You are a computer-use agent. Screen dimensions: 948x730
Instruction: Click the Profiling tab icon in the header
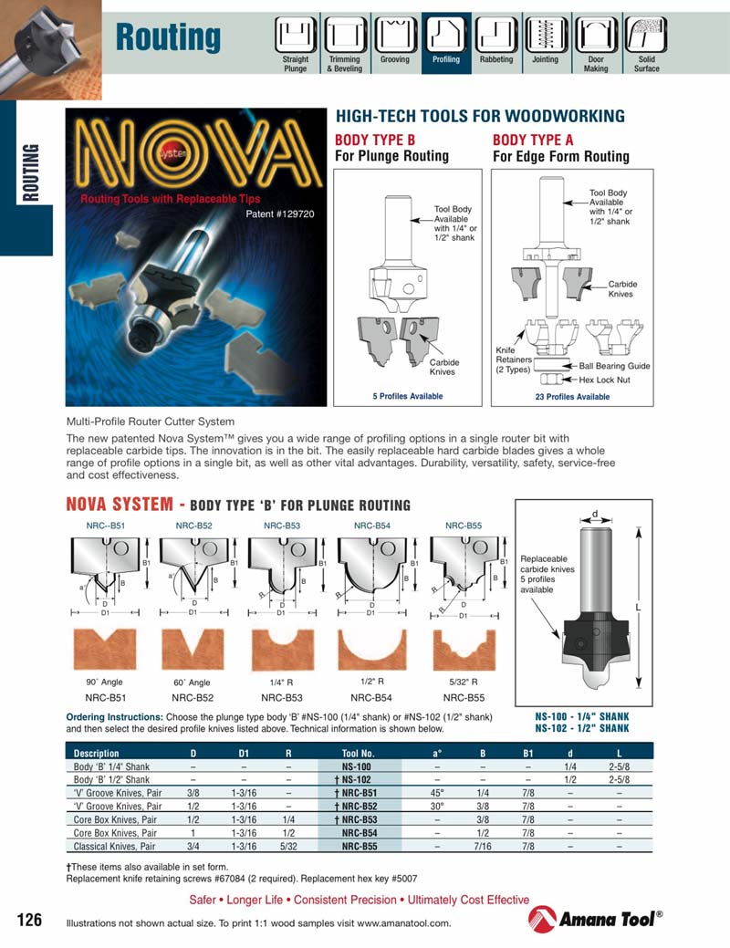[446, 36]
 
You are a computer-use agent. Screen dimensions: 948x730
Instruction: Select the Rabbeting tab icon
[495, 36]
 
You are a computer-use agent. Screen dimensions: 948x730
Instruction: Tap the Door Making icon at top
[596, 36]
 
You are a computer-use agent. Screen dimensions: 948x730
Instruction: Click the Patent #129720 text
[280, 215]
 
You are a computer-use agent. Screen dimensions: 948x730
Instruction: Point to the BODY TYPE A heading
[533, 140]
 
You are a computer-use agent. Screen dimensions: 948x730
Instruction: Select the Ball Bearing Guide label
[614, 366]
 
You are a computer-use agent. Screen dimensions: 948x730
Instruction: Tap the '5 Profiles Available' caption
[407, 396]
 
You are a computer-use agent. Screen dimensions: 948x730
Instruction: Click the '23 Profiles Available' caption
[572, 397]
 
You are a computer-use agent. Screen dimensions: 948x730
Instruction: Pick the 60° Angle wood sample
[193, 650]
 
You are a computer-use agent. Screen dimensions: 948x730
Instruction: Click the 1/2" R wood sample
[371, 650]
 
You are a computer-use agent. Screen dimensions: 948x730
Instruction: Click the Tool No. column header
[359, 753]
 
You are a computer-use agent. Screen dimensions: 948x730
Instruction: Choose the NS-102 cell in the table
[359, 780]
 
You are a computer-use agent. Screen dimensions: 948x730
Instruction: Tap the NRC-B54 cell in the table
[359, 833]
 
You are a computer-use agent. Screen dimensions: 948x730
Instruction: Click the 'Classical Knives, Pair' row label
[118, 847]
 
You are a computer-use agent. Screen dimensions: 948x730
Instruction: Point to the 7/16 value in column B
[483, 847]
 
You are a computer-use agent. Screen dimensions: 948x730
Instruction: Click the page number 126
[30, 920]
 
